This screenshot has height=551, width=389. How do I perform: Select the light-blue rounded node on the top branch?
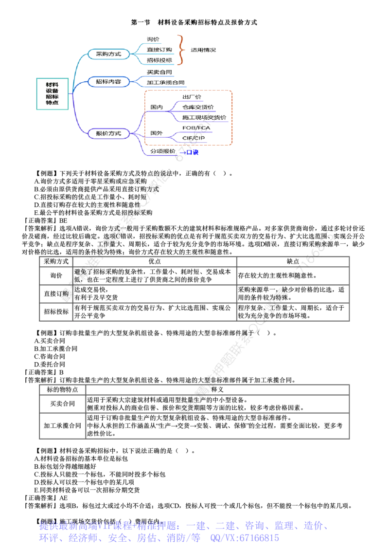point(108,54)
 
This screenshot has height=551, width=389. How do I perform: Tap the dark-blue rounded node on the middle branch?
point(108,81)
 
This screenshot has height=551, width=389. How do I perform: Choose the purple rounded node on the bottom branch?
point(108,133)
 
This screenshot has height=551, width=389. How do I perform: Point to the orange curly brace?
point(181,50)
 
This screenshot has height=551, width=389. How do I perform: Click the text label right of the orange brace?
point(203,50)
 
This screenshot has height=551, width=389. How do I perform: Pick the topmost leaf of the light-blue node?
point(153,39)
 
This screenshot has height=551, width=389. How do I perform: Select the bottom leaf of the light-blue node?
point(159,60)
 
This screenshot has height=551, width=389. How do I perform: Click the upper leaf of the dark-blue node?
point(159,72)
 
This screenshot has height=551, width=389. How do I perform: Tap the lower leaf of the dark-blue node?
point(166,82)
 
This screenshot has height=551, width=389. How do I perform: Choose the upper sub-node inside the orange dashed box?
point(156,107)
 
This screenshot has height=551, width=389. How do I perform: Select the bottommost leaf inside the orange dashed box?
point(194,138)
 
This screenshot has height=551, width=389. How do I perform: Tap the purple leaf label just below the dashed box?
point(162,152)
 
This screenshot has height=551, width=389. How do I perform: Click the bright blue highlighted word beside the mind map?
point(193,152)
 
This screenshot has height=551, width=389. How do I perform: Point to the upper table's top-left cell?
point(55,261)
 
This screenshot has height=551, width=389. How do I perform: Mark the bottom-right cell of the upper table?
point(292,312)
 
